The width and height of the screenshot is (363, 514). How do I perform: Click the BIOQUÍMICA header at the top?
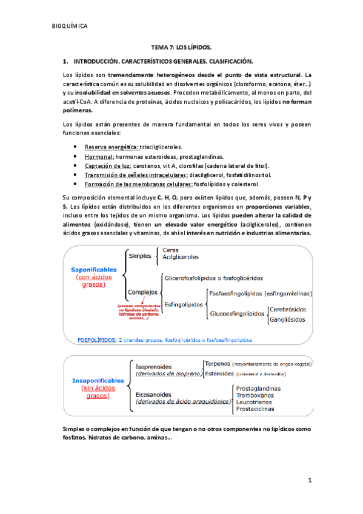(70, 26)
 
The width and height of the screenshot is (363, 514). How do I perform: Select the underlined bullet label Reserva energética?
(112, 147)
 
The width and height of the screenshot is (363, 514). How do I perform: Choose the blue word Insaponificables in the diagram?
(99, 381)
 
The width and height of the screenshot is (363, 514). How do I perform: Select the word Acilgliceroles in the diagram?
(182, 257)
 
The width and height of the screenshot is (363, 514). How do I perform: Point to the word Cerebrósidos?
(290, 309)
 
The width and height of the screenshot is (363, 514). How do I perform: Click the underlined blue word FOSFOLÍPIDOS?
(97, 340)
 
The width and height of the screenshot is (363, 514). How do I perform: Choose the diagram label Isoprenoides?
(153, 367)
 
